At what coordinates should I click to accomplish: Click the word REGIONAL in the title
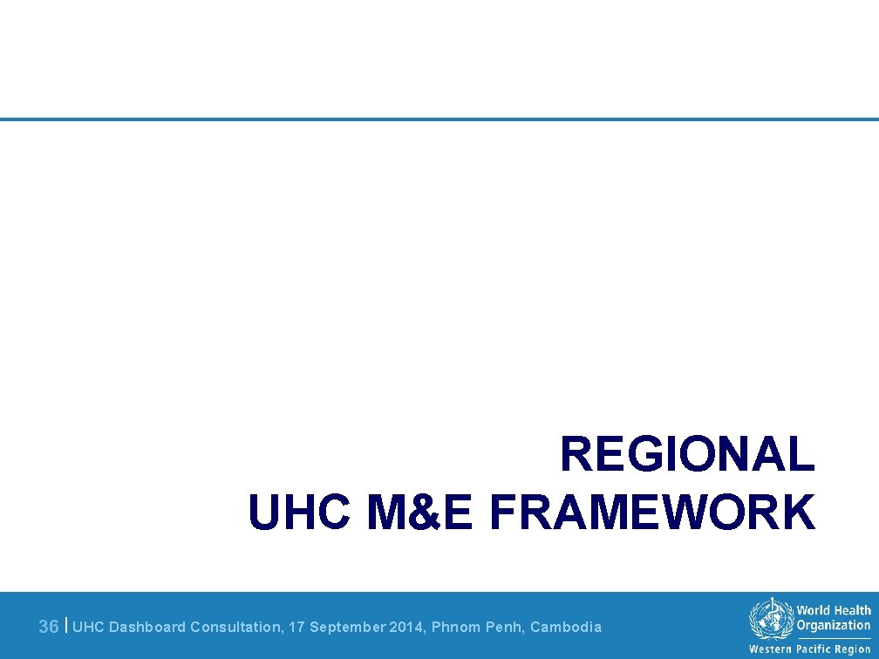click(687, 455)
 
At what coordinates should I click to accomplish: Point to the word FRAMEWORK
click(652, 512)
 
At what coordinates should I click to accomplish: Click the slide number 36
click(50, 627)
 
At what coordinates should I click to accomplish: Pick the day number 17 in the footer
click(297, 627)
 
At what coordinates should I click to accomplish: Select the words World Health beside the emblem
click(833, 611)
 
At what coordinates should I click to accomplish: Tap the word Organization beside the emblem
click(833, 625)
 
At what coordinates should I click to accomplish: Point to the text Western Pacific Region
click(809, 649)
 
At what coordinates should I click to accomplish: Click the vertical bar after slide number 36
click(67, 625)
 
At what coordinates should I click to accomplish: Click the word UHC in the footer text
click(89, 627)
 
